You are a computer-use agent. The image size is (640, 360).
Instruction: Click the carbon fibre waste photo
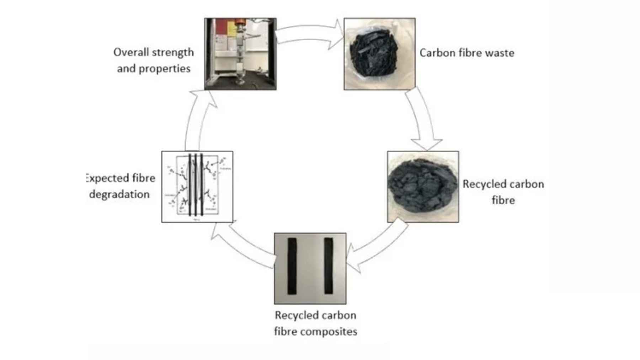tap(379, 54)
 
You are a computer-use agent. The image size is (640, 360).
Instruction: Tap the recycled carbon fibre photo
tap(423, 187)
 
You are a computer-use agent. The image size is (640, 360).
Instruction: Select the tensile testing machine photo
tap(240, 54)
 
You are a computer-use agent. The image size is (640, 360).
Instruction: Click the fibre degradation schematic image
tap(197, 187)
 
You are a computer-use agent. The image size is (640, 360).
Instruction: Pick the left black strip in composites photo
tap(292, 266)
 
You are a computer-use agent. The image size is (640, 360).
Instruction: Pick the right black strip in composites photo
tap(329, 266)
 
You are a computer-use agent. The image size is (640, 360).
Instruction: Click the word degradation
tap(119, 194)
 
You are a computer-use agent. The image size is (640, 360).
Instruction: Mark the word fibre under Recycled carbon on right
tap(503, 200)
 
